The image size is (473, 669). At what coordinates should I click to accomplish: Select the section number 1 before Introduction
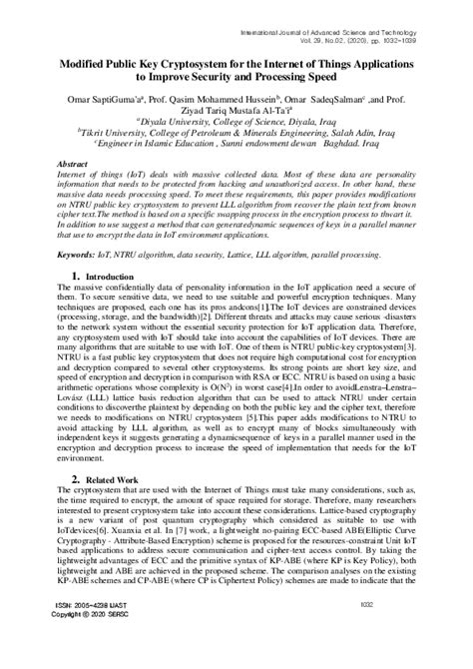76,275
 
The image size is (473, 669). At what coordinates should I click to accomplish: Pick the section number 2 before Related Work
76,480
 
